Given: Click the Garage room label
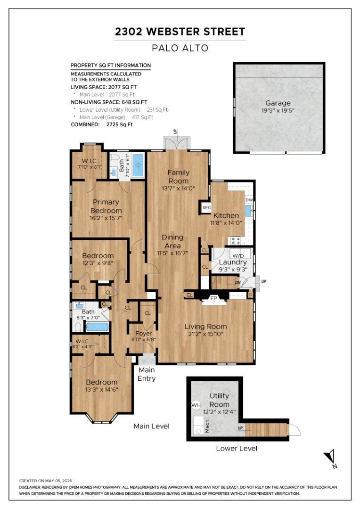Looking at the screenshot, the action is pyautogui.click(x=278, y=103).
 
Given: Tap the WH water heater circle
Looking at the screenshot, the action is pyautogui.click(x=196, y=405).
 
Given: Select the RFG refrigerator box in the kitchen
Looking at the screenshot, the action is pyautogui.click(x=206, y=207).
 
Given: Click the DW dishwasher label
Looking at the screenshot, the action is pyautogui.click(x=249, y=200).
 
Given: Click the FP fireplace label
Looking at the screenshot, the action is pyautogui.click(x=213, y=298).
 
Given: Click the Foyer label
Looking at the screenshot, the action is pyautogui.click(x=143, y=333).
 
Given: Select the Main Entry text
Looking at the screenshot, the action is pyautogui.click(x=147, y=374).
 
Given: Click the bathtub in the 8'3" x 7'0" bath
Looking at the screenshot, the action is pyautogui.click(x=97, y=327).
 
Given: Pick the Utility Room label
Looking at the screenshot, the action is pyautogui.click(x=220, y=400).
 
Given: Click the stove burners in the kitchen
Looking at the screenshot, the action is pyautogui.click(x=236, y=240).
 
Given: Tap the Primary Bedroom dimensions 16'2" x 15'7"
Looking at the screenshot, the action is pyautogui.click(x=106, y=218).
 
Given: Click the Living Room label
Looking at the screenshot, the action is pyautogui.click(x=206, y=327).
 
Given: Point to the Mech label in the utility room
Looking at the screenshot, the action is pyautogui.click(x=207, y=426).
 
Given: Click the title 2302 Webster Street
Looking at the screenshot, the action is pyautogui.click(x=180, y=32).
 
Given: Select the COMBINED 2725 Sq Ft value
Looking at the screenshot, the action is pyautogui.click(x=120, y=124).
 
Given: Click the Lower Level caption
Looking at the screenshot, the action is pyautogui.click(x=237, y=448).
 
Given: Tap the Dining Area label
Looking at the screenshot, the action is pyautogui.click(x=172, y=241).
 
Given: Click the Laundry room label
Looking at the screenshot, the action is pyautogui.click(x=233, y=262).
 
